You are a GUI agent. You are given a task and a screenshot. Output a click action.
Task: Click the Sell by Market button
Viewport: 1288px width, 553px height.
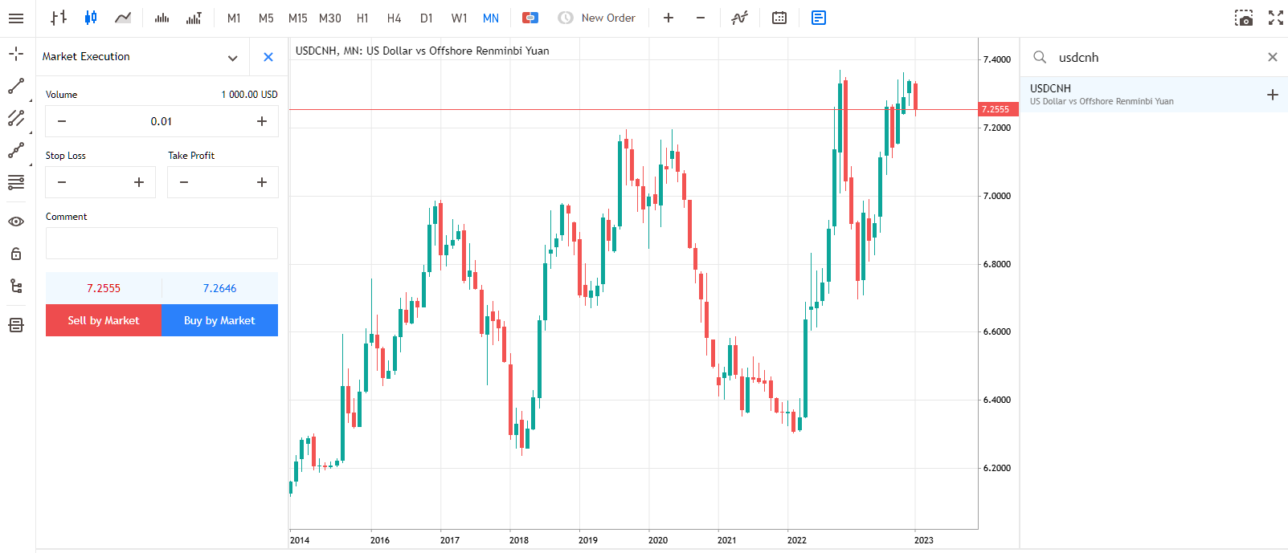coord(104,320)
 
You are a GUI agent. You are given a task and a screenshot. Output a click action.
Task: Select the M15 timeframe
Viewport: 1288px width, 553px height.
coord(298,18)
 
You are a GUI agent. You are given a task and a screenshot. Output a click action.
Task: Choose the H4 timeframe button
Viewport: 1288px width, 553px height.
coord(394,18)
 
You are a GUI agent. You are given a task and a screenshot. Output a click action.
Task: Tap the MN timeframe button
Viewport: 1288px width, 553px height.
coord(490,18)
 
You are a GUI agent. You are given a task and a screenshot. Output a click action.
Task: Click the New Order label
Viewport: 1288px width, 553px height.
coord(608,18)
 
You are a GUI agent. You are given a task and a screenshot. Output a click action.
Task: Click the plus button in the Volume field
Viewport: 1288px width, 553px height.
coord(262,121)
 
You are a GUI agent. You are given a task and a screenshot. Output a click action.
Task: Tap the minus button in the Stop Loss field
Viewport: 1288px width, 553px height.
coord(62,182)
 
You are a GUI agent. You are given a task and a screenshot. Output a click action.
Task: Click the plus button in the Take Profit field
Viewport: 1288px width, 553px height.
coord(262,182)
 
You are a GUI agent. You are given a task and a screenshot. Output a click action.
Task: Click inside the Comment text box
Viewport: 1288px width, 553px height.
coord(162,243)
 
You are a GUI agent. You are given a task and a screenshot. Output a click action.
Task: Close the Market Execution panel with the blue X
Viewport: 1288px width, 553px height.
coord(268,57)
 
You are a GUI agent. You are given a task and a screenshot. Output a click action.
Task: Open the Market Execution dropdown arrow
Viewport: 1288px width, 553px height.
coord(232,58)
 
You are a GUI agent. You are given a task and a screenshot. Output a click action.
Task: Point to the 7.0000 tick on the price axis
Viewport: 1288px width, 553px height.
coord(996,196)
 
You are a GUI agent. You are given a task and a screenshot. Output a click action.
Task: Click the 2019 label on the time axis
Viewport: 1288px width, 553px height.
coord(587,540)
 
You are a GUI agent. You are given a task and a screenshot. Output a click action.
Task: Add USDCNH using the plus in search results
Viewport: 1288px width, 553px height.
coord(1273,95)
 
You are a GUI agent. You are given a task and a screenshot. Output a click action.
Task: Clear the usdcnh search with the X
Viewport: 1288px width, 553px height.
coord(1273,57)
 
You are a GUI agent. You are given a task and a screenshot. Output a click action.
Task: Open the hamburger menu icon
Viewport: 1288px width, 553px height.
coord(16,18)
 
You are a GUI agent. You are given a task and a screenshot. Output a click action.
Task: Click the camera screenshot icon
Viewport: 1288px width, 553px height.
coord(1244,18)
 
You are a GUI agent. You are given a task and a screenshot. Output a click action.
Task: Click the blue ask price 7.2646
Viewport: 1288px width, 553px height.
coord(219,288)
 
